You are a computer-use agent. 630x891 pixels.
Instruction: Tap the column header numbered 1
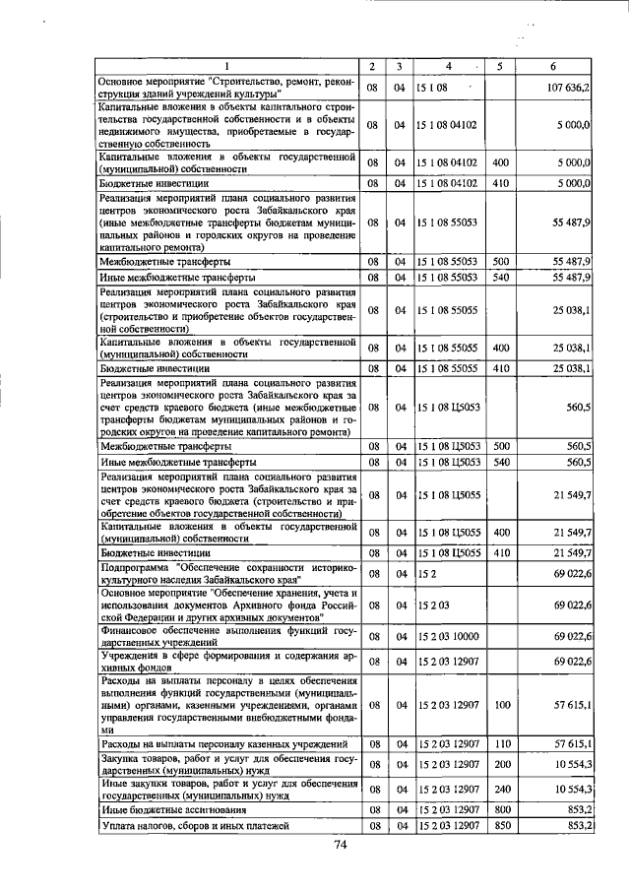click(225, 66)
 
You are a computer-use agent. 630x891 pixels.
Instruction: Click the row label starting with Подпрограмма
click(225, 572)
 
